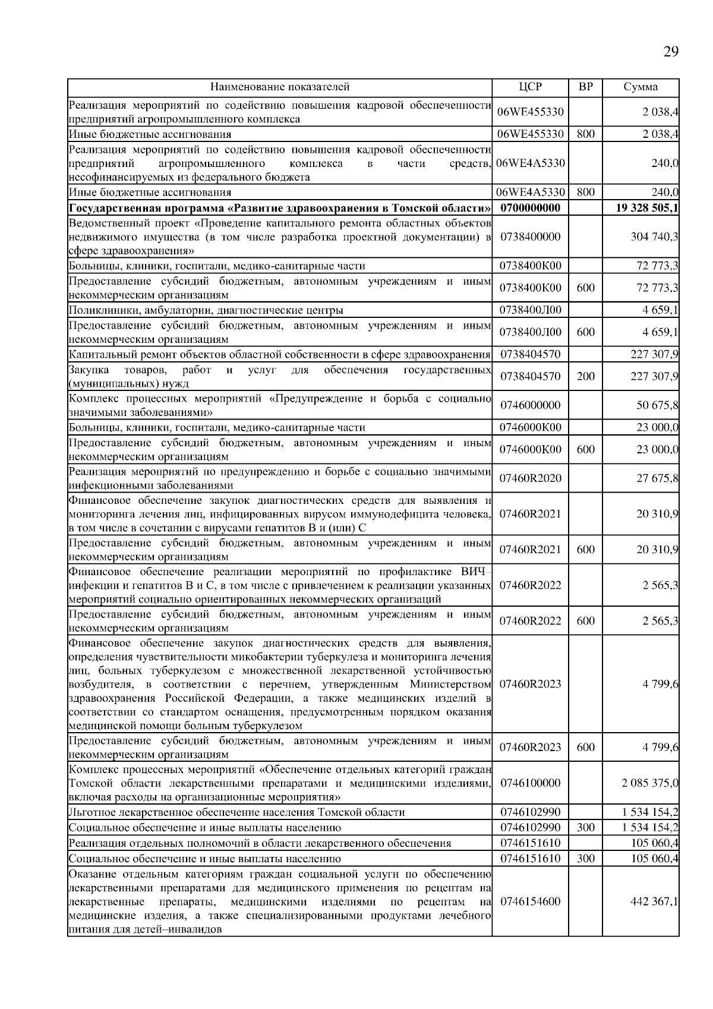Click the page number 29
(670, 52)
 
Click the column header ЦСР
(530, 87)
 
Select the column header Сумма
(641, 87)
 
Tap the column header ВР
(585, 87)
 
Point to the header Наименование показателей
(280, 87)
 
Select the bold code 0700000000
(530, 208)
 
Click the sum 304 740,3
(654, 237)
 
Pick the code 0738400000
(530, 237)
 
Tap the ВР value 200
(585, 376)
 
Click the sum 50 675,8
(657, 405)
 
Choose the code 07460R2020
(530, 478)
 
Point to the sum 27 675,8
(657, 478)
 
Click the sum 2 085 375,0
(650, 783)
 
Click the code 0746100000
(530, 783)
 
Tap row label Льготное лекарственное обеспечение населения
(236, 812)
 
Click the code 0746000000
(530, 405)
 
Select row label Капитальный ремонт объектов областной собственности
(279, 355)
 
